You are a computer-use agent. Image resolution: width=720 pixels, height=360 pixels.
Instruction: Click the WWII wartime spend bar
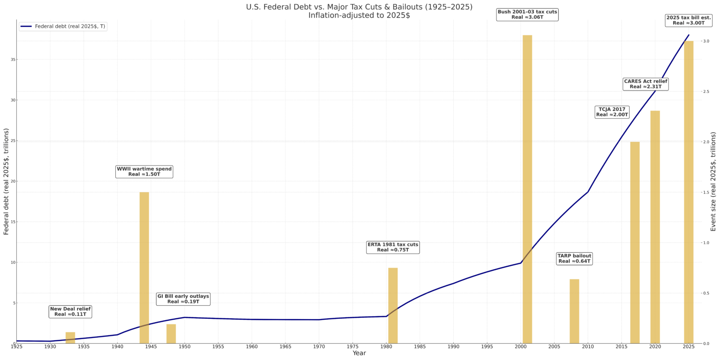point(144,267)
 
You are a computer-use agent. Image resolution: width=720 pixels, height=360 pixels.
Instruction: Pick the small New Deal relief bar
point(70,337)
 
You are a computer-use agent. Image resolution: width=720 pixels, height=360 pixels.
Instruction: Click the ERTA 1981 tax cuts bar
point(393,305)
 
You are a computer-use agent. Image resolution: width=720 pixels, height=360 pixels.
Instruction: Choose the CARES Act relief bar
point(655,227)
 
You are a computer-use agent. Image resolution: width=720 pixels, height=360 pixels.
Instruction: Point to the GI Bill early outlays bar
point(171,333)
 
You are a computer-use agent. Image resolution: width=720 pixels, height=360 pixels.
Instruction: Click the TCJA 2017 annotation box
point(612,112)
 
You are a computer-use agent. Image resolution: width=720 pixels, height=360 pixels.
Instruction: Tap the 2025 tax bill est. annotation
point(688,20)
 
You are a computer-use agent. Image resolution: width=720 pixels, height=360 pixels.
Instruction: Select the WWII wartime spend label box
point(144,172)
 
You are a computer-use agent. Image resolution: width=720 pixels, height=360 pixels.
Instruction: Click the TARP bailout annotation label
point(574,258)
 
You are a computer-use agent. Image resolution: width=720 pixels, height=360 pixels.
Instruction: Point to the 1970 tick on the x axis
point(319,347)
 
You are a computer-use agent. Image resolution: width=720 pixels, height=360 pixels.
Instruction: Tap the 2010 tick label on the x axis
point(588,347)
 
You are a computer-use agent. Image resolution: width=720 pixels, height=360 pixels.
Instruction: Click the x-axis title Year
point(359,353)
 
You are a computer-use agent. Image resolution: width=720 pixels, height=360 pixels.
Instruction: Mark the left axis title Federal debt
point(7,181)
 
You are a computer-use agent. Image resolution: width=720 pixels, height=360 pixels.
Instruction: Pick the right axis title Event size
point(713,181)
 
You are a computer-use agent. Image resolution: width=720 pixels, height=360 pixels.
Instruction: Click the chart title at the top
point(359,11)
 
